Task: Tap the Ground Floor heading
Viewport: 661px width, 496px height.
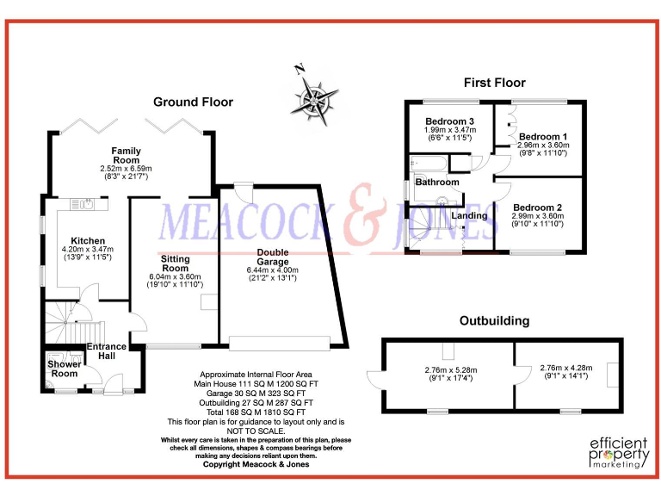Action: [x=193, y=102]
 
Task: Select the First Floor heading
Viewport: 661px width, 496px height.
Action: [x=494, y=83]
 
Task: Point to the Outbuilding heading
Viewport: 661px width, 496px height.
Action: [x=494, y=321]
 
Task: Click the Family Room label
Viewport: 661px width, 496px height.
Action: [x=126, y=156]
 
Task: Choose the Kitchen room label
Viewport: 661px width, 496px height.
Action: [x=88, y=241]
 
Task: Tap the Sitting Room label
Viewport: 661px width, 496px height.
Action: [x=175, y=263]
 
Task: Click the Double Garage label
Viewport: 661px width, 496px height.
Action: [x=272, y=257]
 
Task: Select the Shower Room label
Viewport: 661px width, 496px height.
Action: [x=63, y=369]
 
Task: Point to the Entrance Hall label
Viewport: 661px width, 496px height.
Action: [x=107, y=351]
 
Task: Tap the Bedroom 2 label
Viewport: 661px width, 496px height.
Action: [x=538, y=208]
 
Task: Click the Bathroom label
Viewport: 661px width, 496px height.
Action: [x=437, y=183]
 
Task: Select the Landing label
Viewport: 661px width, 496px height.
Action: [x=469, y=215]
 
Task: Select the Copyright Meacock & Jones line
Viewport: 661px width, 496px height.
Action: [x=256, y=464]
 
